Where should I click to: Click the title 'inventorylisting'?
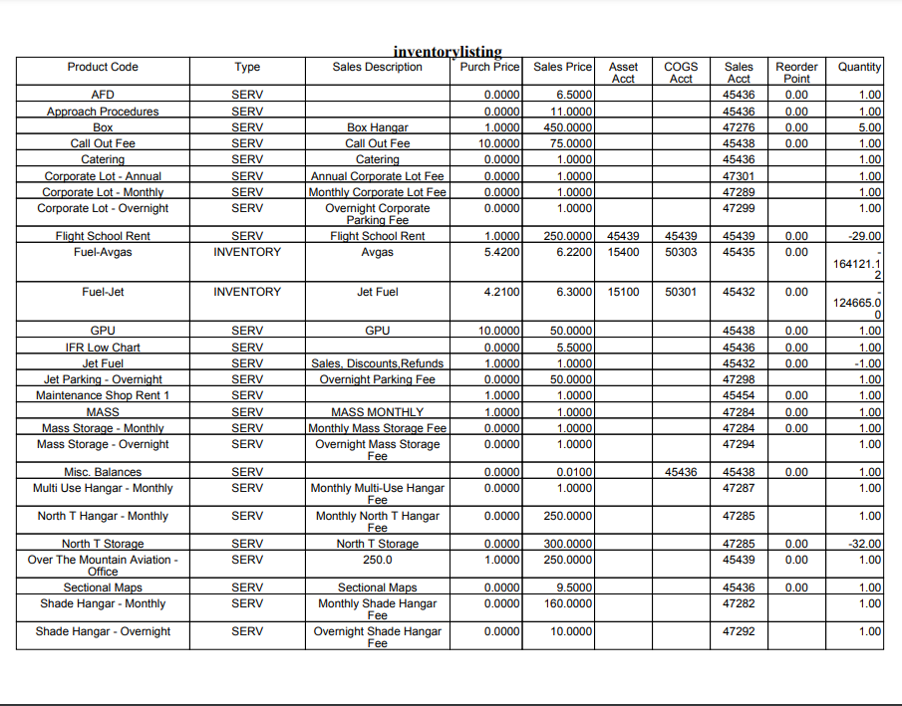448,52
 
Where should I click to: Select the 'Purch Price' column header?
490,67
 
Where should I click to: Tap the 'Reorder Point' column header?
796,72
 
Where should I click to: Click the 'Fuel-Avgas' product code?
103,252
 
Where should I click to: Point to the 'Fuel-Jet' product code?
103,292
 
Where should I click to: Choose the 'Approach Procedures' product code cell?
103,112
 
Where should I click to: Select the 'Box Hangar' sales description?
377,127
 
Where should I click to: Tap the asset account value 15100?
623,292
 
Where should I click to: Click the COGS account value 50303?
681,252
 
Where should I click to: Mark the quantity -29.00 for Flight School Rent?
863,236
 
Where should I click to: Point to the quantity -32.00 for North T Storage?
863,544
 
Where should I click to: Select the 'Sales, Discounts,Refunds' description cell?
377,363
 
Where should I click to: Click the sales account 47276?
739,127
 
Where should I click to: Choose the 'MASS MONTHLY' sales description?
377,411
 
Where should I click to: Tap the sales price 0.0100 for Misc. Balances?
574,472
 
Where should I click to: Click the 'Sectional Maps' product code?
103,588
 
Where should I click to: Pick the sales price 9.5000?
574,588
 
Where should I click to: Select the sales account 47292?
739,631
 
